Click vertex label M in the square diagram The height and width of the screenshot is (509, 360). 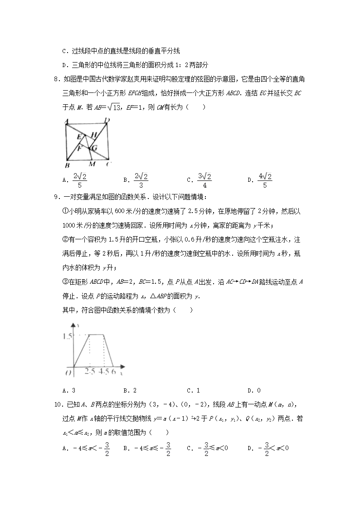pyautogui.click(x=92, y=164)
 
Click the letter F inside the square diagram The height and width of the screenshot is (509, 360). pyautogui.click(x=79, y=148)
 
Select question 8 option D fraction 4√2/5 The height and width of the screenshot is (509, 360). pyautogui.click(x=265, y=180)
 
